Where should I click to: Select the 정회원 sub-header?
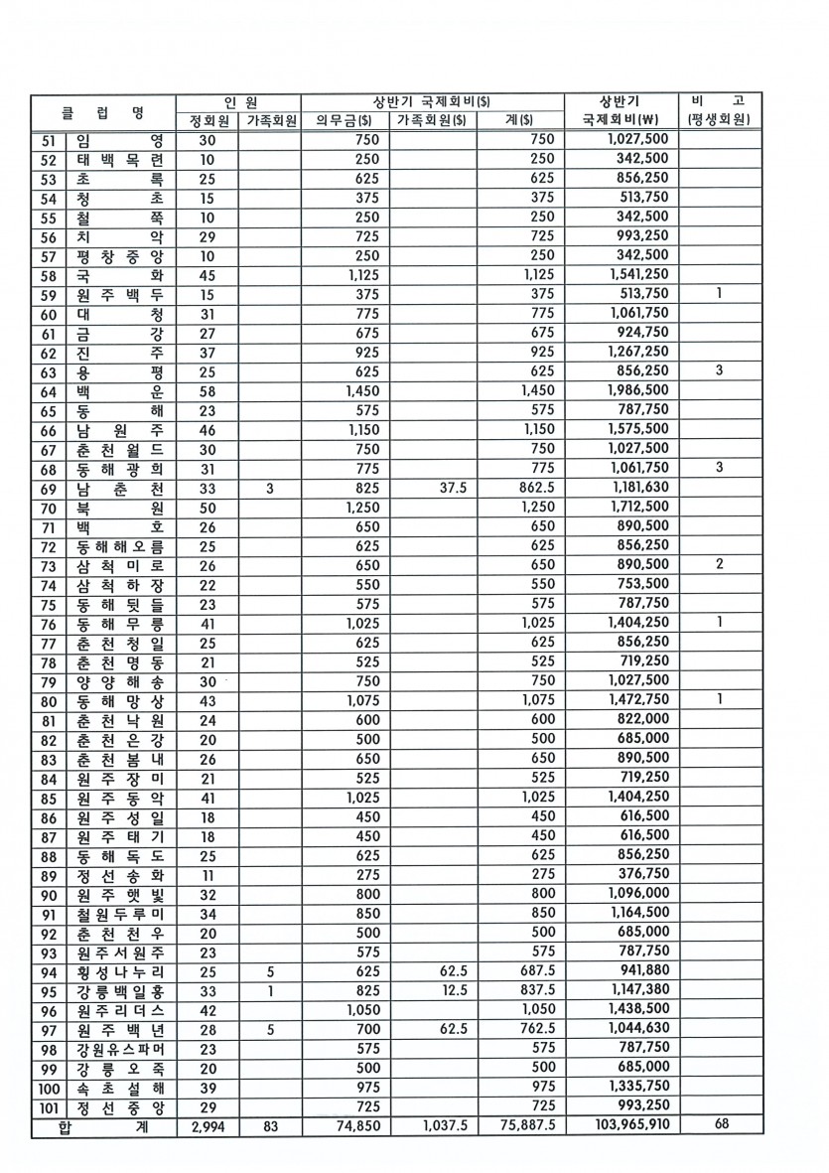pyautogui.click(x=208, y=121)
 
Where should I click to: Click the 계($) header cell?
pyautogui.click(x=521, y=121)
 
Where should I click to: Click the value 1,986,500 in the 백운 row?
pyautogui.click(x=634, y=391)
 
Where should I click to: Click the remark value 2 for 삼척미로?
pyautogui.click(x=718, y=564)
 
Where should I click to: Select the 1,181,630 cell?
pyautogui.click(x=634, y=489)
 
